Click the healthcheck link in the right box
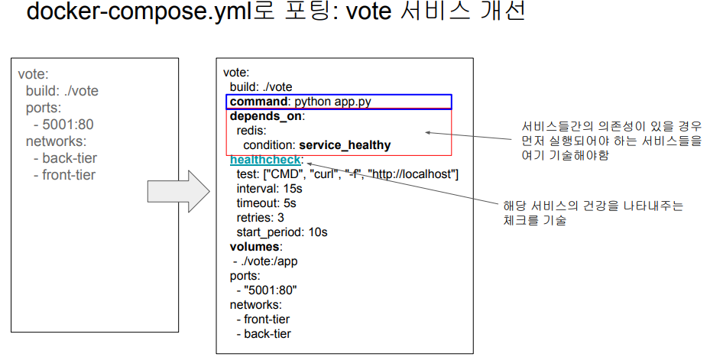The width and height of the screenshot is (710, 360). pos(264,160)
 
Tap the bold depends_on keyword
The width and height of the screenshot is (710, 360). pos(266,116)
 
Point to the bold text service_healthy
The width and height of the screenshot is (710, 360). pos(345,145)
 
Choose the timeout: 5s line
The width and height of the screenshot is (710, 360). pos(266,203)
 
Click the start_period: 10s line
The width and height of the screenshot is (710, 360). pos(282,232)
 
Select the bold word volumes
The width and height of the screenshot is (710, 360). pos(254,247)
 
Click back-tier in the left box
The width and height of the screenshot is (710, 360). pos(69,158)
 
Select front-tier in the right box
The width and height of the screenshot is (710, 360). pos(267,319)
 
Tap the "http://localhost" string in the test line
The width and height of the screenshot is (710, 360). pos(413,174)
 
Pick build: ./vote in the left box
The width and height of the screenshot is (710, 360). pos(62,91)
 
